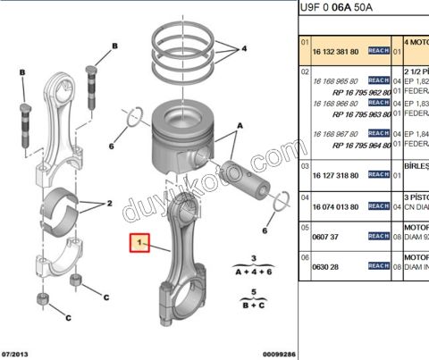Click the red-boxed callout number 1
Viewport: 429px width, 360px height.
[139, 242]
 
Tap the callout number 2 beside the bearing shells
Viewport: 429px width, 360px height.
[109, 204]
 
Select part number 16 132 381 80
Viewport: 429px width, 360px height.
[335, 51]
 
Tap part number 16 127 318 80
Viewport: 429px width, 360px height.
[335, 174]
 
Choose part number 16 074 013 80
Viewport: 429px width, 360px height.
[335, 205]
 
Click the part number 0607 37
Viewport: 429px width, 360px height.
[325, 237]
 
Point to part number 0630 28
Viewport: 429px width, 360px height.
[325, 266]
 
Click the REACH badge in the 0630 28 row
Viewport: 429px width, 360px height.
[378, 266]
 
